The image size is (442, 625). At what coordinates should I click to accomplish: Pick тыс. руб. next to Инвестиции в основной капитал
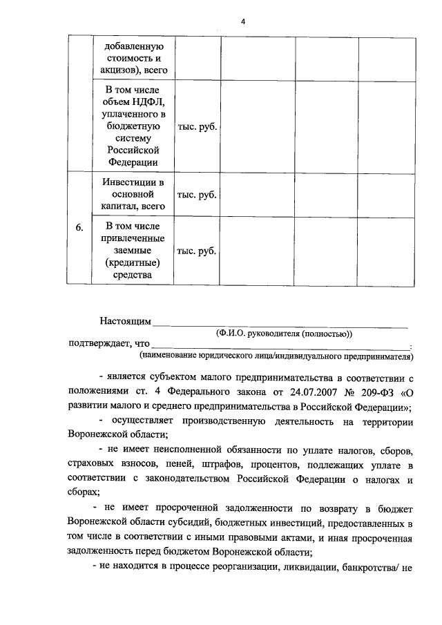pos(197,194)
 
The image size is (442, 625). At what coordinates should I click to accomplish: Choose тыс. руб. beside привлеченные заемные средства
pos(197,251)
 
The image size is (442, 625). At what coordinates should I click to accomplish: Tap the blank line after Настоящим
pos(280,323)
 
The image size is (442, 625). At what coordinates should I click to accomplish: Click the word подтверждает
pos(98,344)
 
